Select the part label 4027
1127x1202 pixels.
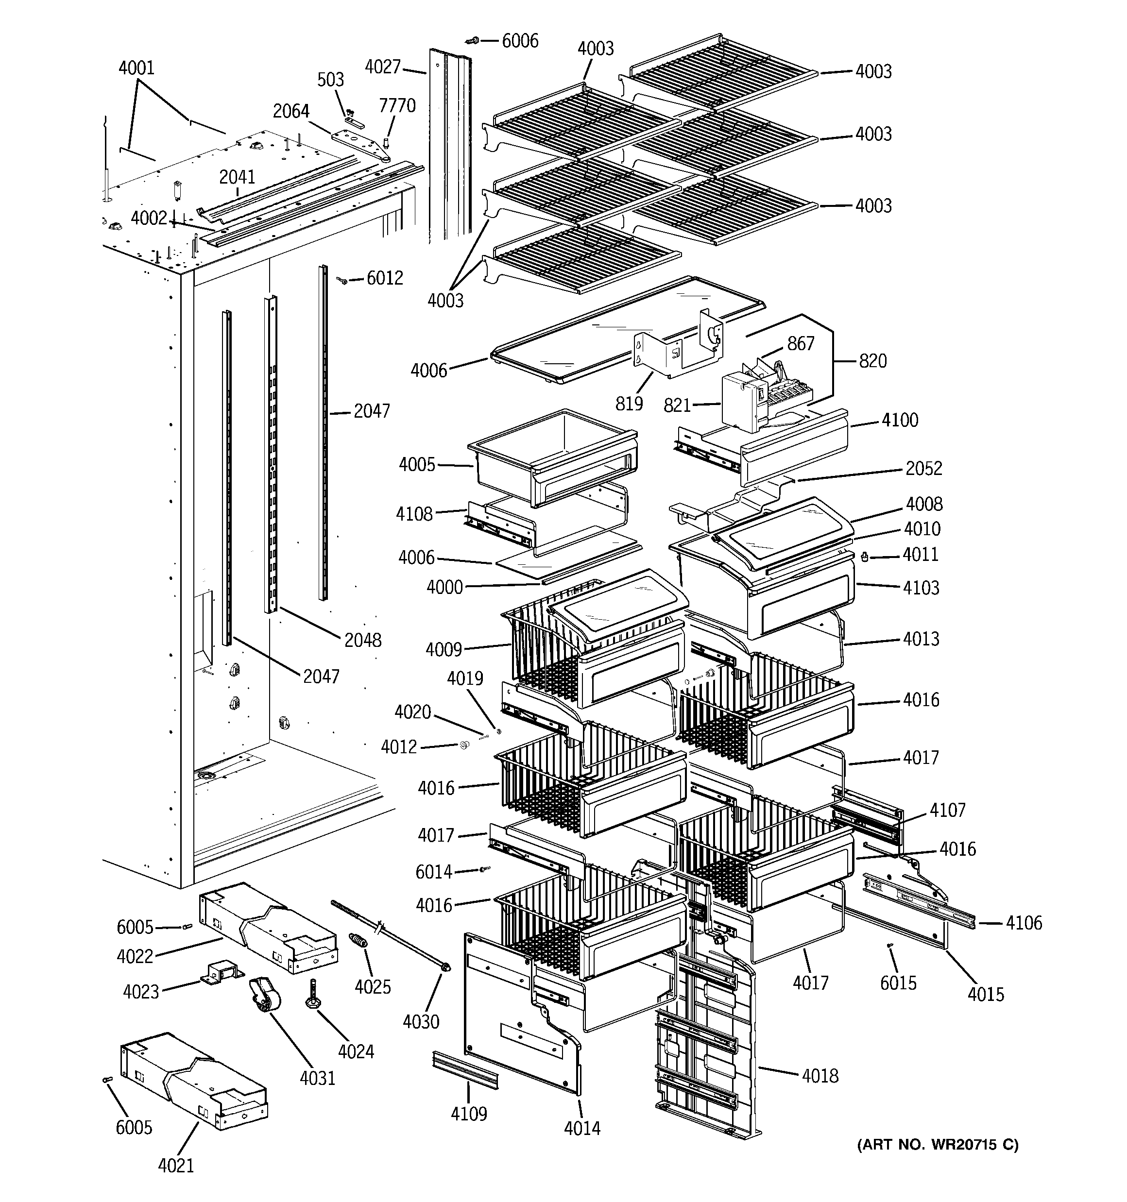pos(382,67)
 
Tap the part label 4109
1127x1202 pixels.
pos(468,1113)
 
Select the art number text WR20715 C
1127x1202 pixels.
pos(937,1145)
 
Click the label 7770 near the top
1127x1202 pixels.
pos(397,105)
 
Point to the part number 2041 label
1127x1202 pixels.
pos(237,177)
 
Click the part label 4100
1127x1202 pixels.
pos(900,420)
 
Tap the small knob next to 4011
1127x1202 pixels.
pos(865,556)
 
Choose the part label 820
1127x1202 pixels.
pos(872,360)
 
